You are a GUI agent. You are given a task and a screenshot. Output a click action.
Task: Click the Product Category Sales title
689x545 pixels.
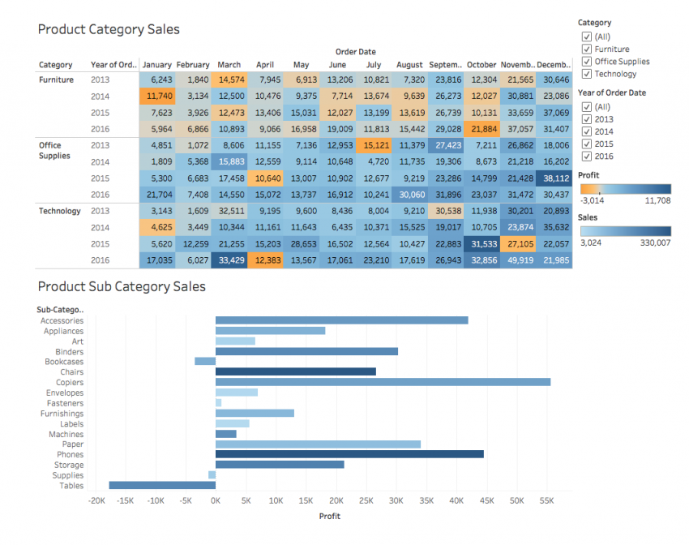[x=109, y=29]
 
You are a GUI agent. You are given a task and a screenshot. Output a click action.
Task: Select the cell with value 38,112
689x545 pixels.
[x=553, y=178]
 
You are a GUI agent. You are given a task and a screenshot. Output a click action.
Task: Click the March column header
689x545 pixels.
[x=229, y=65]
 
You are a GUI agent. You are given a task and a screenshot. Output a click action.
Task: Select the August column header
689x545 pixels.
[x=409, y=65]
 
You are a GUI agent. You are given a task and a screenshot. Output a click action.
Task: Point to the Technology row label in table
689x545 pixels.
[x=60, y=211]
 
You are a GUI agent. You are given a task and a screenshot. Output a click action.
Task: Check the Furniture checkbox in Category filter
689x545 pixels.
[x=586, y=49]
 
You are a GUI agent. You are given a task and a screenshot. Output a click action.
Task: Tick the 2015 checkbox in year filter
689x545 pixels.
[x=586, y=144]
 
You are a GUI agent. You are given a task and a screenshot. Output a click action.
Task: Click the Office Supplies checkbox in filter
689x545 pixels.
[x=586, y=62]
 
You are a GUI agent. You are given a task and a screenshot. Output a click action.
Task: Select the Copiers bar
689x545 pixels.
[x=383, y=382]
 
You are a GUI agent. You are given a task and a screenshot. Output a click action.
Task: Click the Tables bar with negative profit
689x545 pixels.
[x=162, y=485]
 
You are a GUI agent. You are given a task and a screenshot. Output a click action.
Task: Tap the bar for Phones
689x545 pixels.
[x=349, y=454]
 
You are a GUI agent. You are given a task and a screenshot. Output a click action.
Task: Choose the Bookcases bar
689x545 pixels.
[x=205, y=362]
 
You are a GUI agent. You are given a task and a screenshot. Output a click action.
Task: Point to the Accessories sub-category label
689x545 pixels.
[x=62, y=320]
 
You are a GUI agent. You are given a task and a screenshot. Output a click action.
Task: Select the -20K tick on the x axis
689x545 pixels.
[x=96, y=502]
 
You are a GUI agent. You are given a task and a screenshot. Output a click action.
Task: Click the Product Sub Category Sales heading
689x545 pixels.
[x=122, y=286]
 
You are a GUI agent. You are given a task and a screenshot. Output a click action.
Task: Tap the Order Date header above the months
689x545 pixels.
[x=355, y=52]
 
